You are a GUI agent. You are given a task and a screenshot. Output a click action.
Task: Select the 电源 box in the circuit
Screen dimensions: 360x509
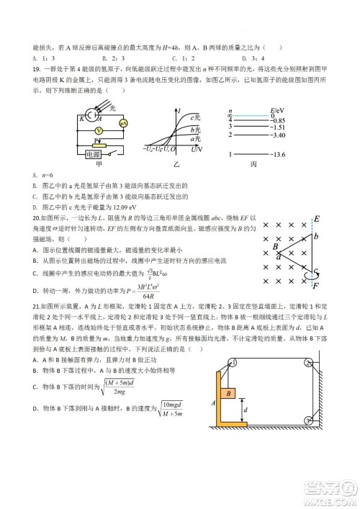(93, 154)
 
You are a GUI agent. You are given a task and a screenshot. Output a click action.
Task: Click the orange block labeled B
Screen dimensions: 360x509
(228, 395)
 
